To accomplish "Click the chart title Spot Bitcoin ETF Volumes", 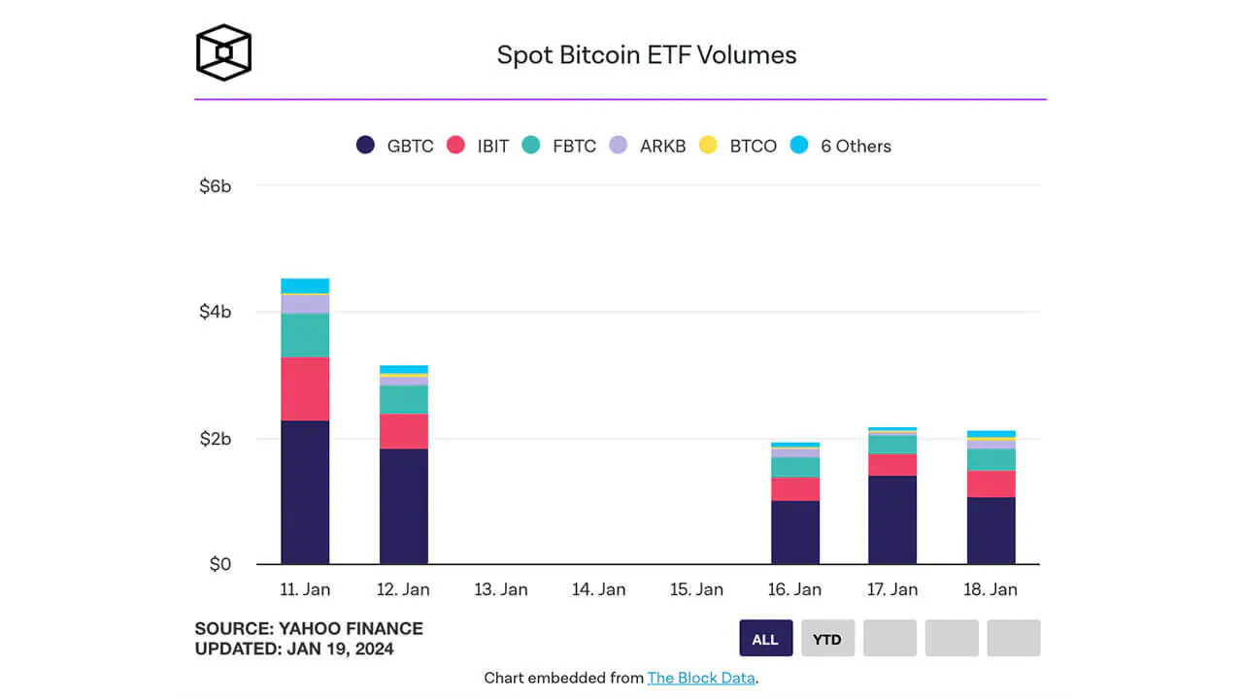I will (x=647, y=55).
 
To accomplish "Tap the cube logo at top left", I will (x=223, y=52).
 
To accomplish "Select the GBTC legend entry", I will (x=394, y=146).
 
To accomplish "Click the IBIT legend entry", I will (x=478, y=146).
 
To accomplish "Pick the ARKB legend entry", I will (x=647, y=146).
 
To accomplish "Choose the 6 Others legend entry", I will (x=841, y=146).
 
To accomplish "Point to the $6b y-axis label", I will (x=215, y=185).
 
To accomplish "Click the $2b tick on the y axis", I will (x=215, y=439).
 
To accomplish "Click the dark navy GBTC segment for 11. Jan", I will (x=305, y=492).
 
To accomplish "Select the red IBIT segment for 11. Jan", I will (x=305, y=388).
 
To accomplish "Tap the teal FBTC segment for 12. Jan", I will (x=403, y=400).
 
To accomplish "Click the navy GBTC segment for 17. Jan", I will (x=892, y=520).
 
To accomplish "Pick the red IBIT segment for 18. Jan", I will (x=991, y=483).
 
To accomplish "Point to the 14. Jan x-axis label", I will (x=598, y=589).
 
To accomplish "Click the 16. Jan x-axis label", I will (x=794, y=589).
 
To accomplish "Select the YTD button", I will (x=827, y=639).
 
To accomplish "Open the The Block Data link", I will (x=700, y=678).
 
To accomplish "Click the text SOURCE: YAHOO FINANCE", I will (x=309, y=628).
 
